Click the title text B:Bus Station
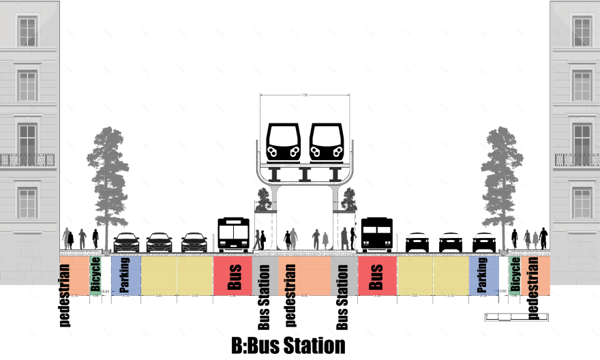coord(288,345)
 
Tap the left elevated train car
coord(284,142)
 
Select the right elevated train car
coord(326,142)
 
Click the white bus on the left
coord(233,235)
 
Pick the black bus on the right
coord(376,235)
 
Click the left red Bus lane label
coord(235,275)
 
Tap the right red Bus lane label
coord(376,275)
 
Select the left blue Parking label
coord(125,275)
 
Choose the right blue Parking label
coord(483,275)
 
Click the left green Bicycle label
coord(95,275)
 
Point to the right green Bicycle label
coord(515,275)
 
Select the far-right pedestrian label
coord(533,288)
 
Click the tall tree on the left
coord(110,177)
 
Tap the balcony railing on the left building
coord(27,160)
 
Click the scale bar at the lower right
coord(516,316)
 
